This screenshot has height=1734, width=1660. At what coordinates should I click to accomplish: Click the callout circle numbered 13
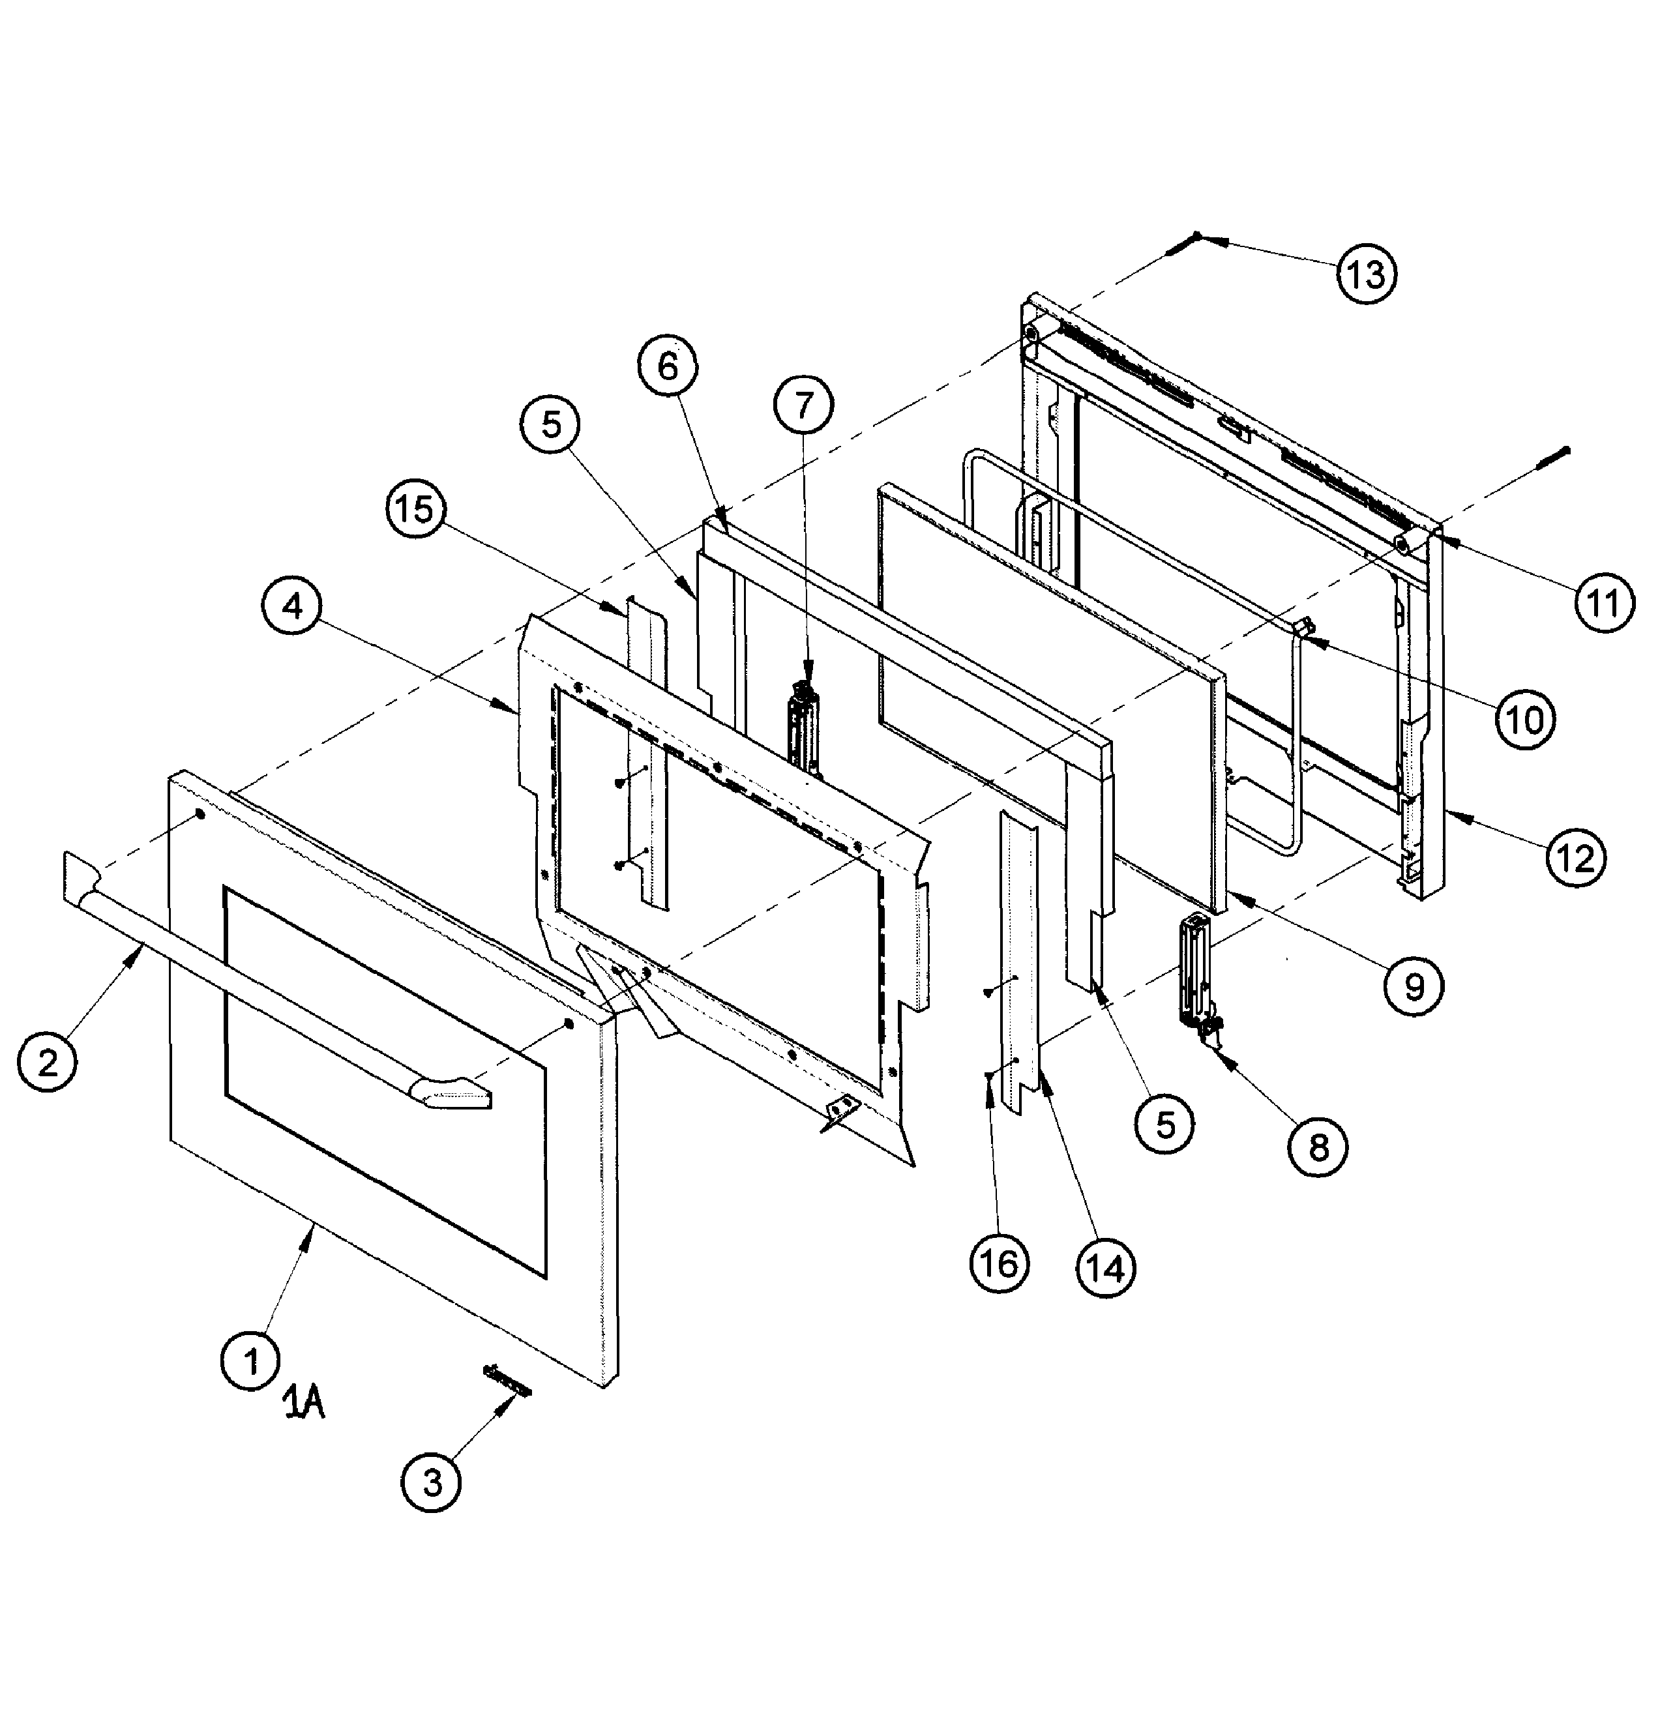[x=1365, y=274]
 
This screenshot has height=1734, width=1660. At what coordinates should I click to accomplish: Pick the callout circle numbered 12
[x=1576, y=857]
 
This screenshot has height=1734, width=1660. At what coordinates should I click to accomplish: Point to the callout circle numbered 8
[x=1318, y=1147]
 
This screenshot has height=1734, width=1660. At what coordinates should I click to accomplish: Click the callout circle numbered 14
[x=1105, y=1268]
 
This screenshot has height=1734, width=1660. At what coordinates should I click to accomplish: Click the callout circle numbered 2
[x=48, y=1061]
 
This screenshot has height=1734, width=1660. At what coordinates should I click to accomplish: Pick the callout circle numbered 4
[x=293, y=606]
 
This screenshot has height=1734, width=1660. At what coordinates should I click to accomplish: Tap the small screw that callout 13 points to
[x=1183, y=245]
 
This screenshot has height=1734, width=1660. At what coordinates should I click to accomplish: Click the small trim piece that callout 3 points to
[x=508, y=1380]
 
